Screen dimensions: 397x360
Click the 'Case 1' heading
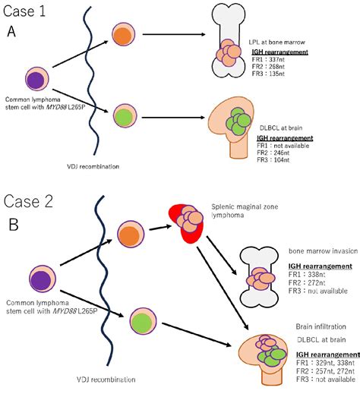pos(30,11)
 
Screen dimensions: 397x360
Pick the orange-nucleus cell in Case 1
pos(123,35)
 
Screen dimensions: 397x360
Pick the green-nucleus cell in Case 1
pos(123,118)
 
